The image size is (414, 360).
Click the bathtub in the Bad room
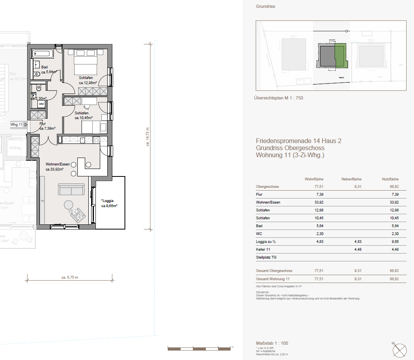pos(43,53)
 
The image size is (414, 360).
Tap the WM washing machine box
pos(41,104)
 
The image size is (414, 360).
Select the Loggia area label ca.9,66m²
pos(110,206)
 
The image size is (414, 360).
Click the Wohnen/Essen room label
pos(57,164)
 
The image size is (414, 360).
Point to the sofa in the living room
pos(71,189)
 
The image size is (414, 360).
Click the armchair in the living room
pos(77,215)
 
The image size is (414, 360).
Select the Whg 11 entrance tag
pos(17,125)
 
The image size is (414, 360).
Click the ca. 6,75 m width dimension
pos(70,277)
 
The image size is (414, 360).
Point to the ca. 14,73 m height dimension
pos(148,136)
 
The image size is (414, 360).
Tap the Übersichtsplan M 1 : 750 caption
pos(279,98)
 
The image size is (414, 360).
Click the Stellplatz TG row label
pos(267,257)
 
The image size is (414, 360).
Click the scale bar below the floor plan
pos(200,348)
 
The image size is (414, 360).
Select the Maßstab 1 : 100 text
pos(272,343)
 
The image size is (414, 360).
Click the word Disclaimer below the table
pos(262,292)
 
